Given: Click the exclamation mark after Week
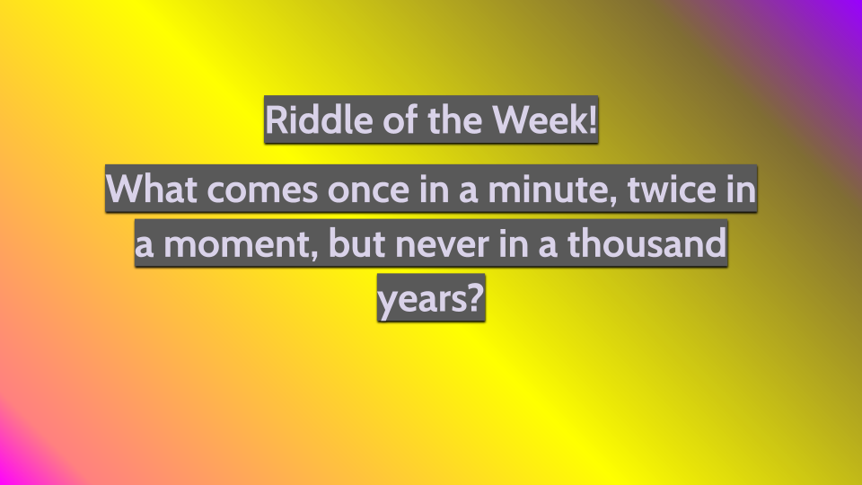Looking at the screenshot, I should (592, 120).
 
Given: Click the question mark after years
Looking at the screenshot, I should (476, 298).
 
